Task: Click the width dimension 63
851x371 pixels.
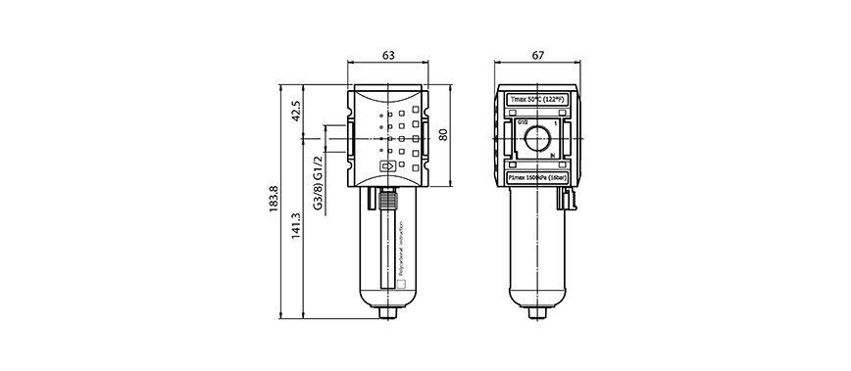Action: (389, 56)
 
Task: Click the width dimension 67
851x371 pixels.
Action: (537, 56)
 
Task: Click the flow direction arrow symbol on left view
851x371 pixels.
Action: (388, 167)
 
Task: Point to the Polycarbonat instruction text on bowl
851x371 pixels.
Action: (415, 247)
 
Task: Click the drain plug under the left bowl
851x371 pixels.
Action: (389, 314)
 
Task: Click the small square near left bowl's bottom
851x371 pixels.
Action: (399, 286)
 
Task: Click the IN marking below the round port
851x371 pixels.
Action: (553, 157)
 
